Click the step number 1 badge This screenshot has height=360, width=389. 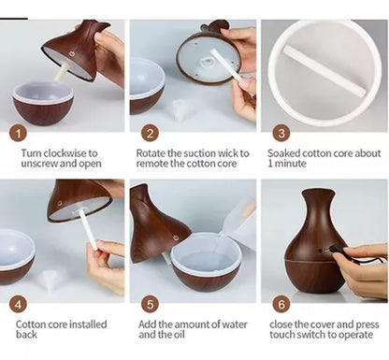tap(19, 134)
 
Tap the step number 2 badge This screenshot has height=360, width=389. tap(151, 134)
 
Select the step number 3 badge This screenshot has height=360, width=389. tap(281, 133)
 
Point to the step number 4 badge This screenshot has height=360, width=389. tap(19, 304)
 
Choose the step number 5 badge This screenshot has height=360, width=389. tap(151, 304)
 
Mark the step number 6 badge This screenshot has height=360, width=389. tap(281, 304)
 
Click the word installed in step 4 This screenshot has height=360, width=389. tap(88, 324)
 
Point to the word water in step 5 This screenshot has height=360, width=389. tap(235, 324)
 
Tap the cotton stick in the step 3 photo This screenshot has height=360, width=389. tap(324, 71)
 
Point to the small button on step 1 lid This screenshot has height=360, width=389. tap(72, 54)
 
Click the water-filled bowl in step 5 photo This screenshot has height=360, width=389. tap(207, 262)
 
